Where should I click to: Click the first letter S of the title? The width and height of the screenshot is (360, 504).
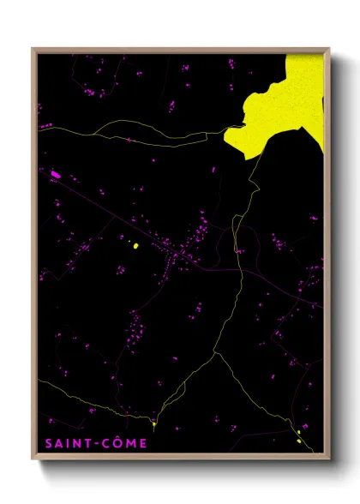47,443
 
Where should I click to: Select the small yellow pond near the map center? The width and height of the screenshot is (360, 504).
135,246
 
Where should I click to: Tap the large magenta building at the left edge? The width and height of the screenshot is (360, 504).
56,175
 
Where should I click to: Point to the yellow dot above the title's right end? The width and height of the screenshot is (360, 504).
153,423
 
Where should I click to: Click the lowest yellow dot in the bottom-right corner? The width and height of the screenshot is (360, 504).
299,441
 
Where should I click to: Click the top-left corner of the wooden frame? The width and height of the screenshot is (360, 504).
33,49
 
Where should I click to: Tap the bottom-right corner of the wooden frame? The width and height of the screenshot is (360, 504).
330,458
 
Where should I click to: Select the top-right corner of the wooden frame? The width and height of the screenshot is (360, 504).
330,49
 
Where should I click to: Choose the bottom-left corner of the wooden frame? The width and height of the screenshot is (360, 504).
33,458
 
